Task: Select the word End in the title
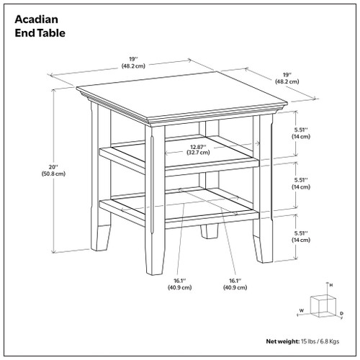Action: tap(26, 32)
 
